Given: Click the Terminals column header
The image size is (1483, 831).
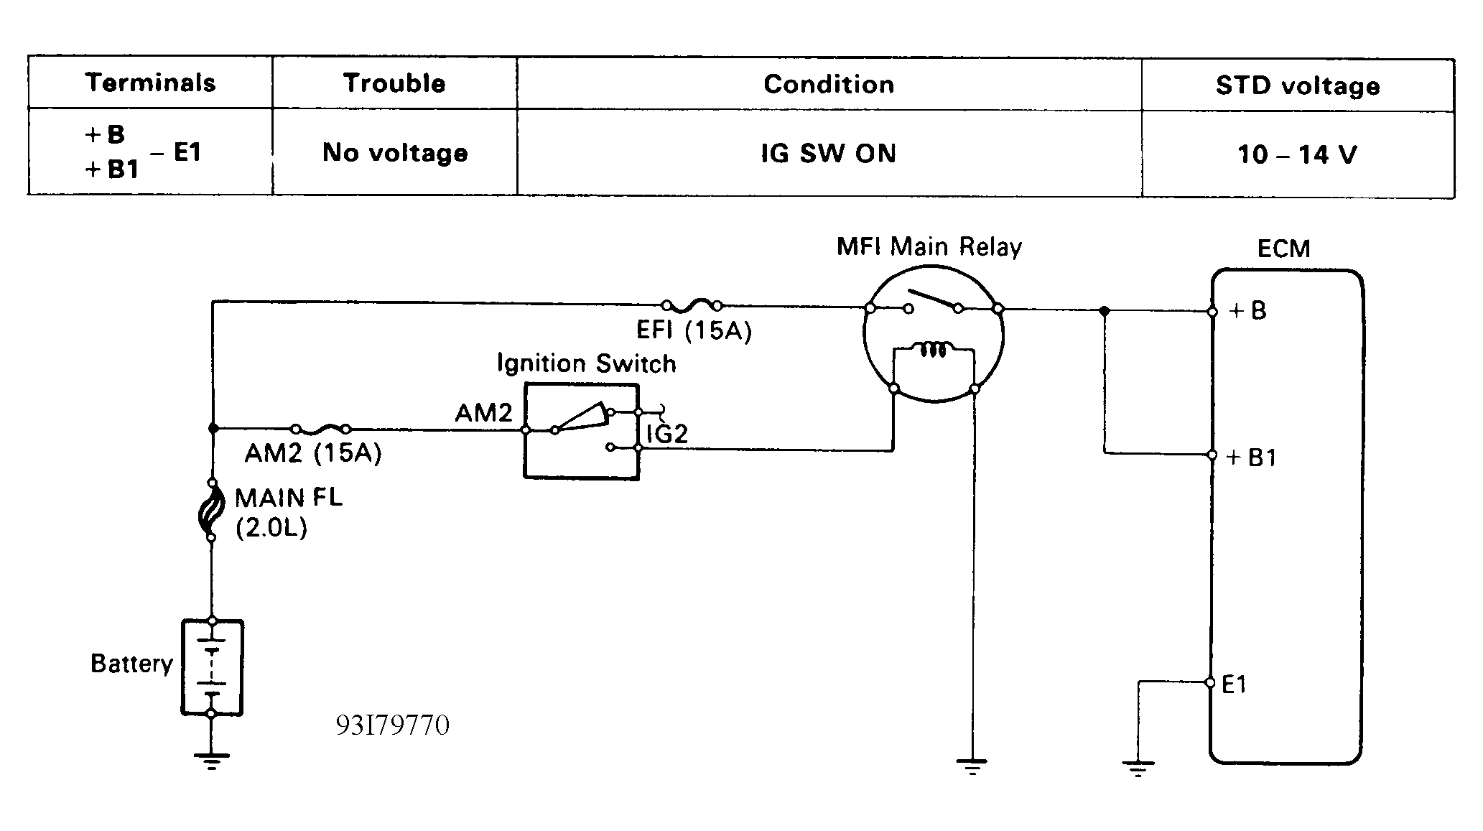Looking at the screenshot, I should (150, 83).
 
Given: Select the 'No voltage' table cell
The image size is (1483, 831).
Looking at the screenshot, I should (395, 152).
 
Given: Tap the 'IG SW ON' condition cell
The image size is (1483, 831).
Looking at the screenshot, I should (829, 153).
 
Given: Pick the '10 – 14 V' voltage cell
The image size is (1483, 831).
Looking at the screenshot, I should (1297, 154).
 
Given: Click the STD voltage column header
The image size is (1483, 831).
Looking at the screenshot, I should (1297, 85).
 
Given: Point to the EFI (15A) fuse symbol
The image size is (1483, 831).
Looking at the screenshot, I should (691, 305).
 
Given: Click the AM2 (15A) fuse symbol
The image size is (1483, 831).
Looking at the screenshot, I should (321, 430).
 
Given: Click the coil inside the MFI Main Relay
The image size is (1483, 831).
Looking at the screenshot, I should (933, 350).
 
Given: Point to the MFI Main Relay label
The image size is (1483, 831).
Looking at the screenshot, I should (929, 247).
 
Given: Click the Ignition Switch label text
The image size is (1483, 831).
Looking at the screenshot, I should (586, 363).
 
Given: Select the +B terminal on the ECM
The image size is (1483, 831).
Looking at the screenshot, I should (1212, 312).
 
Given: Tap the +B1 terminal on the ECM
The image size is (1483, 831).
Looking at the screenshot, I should (1212, 455).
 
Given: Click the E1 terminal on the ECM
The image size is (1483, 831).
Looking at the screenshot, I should (1210, 682).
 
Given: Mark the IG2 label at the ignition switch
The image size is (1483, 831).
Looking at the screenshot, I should (667, 434).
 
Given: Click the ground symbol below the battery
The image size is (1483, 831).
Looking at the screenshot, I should (211, 760).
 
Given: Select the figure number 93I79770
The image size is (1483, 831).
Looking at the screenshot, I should (392, 725).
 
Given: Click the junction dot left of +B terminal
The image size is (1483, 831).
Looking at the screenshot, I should (1105, 311).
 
